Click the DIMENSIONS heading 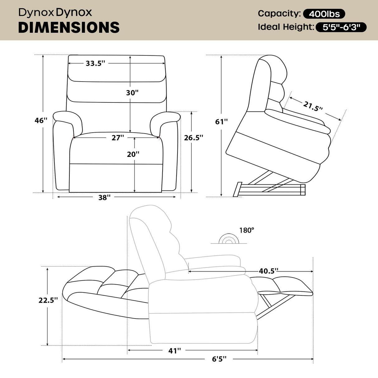69,27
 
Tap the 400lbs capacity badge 324,14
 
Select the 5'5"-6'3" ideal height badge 341,27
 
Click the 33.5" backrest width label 95,63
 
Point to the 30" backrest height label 132,92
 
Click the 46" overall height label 41,120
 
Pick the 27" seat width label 118,138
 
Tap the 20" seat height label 133,154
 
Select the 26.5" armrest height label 193,138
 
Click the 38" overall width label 104,197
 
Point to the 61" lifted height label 221,121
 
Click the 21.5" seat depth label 313,106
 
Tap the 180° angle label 247,230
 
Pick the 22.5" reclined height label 48,300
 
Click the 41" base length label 174,351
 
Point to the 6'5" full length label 219,359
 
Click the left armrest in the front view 67,118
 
